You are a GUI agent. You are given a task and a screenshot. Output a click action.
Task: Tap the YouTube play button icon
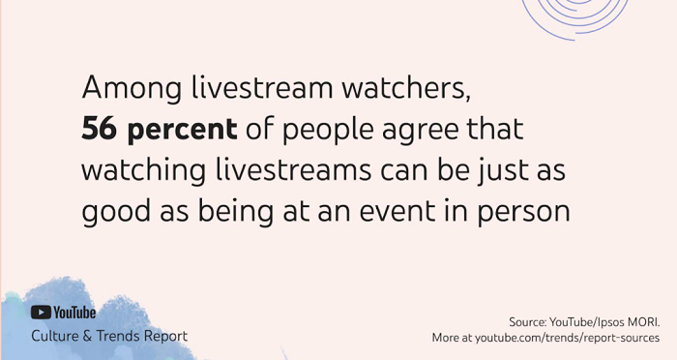click(41, 313)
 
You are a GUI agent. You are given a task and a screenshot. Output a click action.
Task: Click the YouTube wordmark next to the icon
click(74, 313)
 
